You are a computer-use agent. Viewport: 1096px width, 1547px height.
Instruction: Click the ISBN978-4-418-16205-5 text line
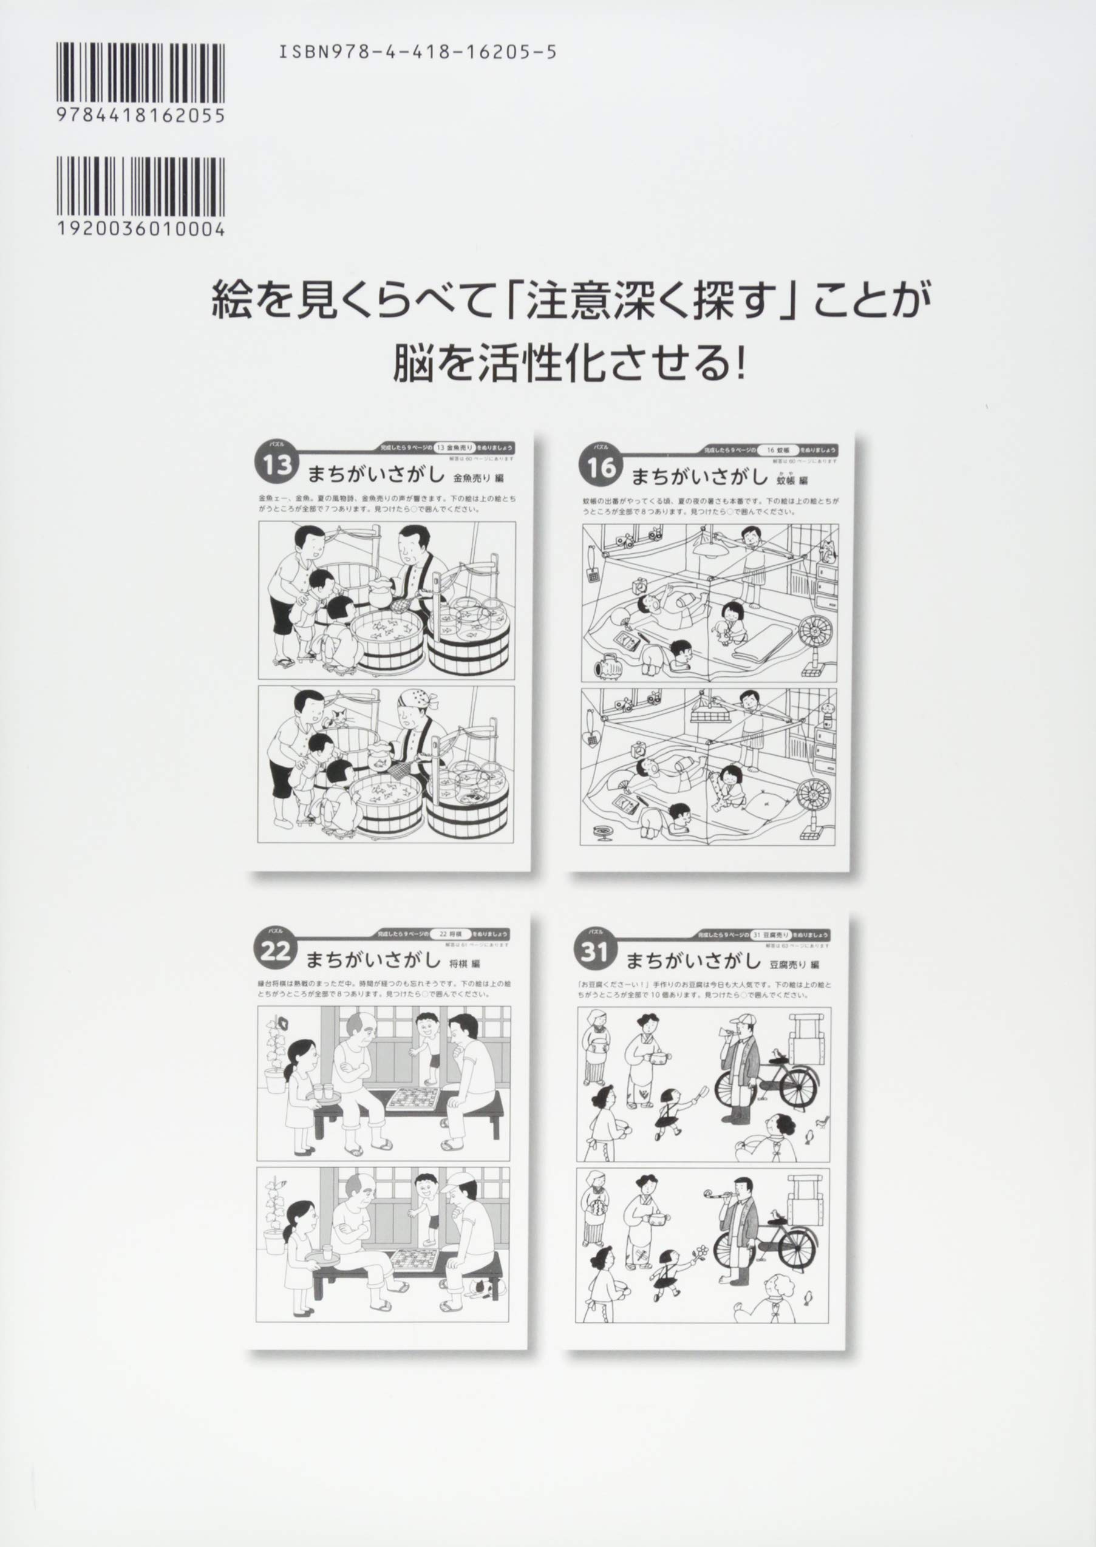tap(417, 53)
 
